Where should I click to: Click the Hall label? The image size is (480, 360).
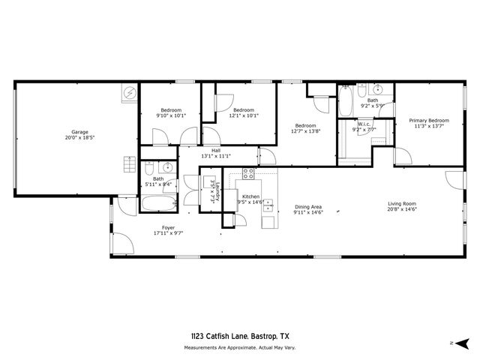point(216,150)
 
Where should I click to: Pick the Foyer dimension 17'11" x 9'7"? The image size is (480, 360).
point(169,233)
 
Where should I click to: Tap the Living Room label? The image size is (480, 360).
point(402,203)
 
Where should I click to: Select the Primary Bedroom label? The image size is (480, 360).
point(429,120)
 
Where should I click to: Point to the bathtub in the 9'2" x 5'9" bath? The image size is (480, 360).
point(346,104)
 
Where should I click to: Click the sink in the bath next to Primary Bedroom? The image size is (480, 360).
point(380,88)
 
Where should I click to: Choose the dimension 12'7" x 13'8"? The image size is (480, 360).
point(305,131)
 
